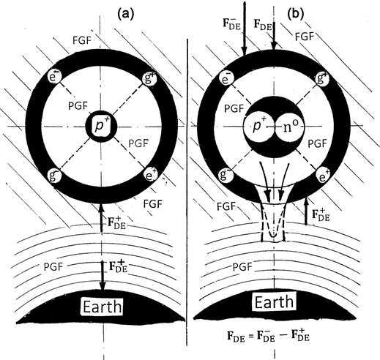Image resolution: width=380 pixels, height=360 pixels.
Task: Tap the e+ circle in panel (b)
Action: [x=340, y=176]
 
